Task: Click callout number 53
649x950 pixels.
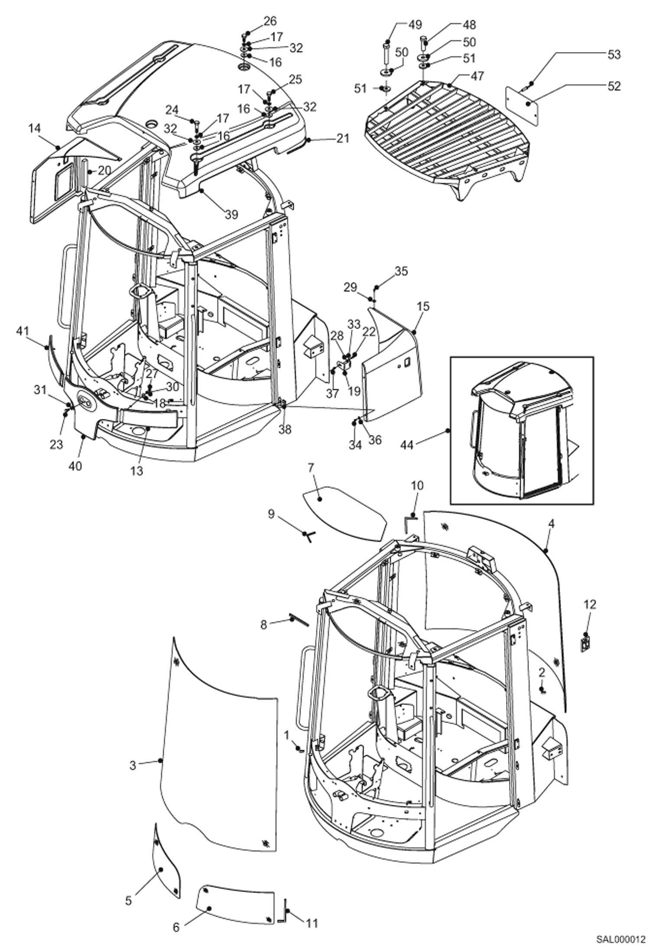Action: pyautogui.click(x=614, y=55)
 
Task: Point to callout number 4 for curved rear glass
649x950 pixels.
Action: pyautogui.click(x=551, y=524)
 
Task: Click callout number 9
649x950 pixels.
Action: pyautogui.click(x=271, y=514)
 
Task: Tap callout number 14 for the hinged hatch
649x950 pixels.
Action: pyautogui.click(x=35, y=129)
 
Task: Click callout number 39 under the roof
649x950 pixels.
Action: pyautogui.click(x=232, y=214)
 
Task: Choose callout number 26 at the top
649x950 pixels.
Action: pyautogui.click(x=270, y=21)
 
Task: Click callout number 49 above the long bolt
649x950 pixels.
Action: pyautogui.click(x=415, y=25)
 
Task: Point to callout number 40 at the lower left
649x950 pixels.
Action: pyautogui.click(x=75, y=466)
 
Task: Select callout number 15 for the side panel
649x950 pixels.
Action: pyautogui.click(x=423, y=307)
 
